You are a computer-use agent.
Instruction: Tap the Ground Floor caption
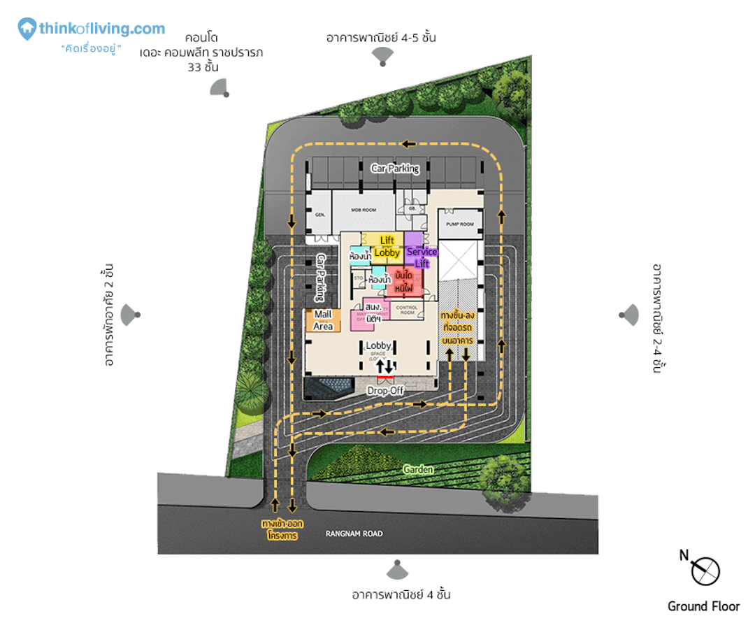pos(703,606)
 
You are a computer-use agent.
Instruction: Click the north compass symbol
pos(705,571)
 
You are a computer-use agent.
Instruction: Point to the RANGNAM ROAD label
pos(354,534)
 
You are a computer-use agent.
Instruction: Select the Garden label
pos(417,470)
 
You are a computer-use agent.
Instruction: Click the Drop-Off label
pos(386,391)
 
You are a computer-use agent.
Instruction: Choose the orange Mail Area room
pos(323,320)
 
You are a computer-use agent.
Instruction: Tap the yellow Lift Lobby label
pos(387,247)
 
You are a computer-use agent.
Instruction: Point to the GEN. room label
pos(322,215)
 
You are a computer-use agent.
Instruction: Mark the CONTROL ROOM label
pos(406,307)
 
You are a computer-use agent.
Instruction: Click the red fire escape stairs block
pos(404,281)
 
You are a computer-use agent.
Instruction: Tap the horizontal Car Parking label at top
pos(395,169)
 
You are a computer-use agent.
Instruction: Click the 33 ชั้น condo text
pos(203,68)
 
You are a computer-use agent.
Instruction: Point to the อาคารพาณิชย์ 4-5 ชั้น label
pos(381,38)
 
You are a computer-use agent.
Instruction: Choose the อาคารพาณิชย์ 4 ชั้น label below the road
pos(401,595)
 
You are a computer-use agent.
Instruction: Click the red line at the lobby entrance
pos(385,377)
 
